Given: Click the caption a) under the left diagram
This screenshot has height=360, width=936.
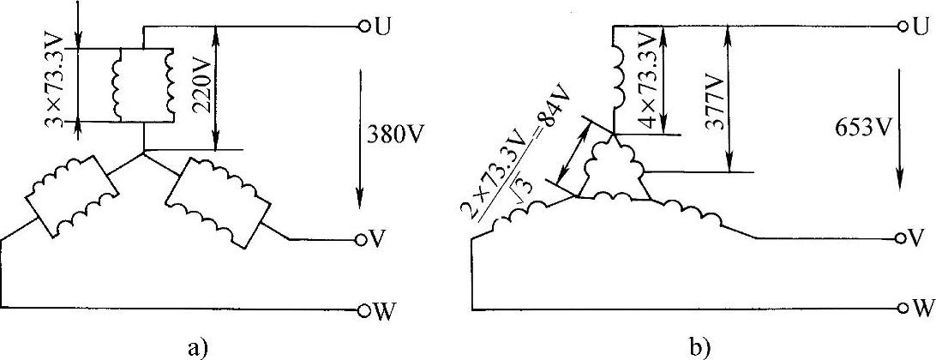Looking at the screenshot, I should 193,346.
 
